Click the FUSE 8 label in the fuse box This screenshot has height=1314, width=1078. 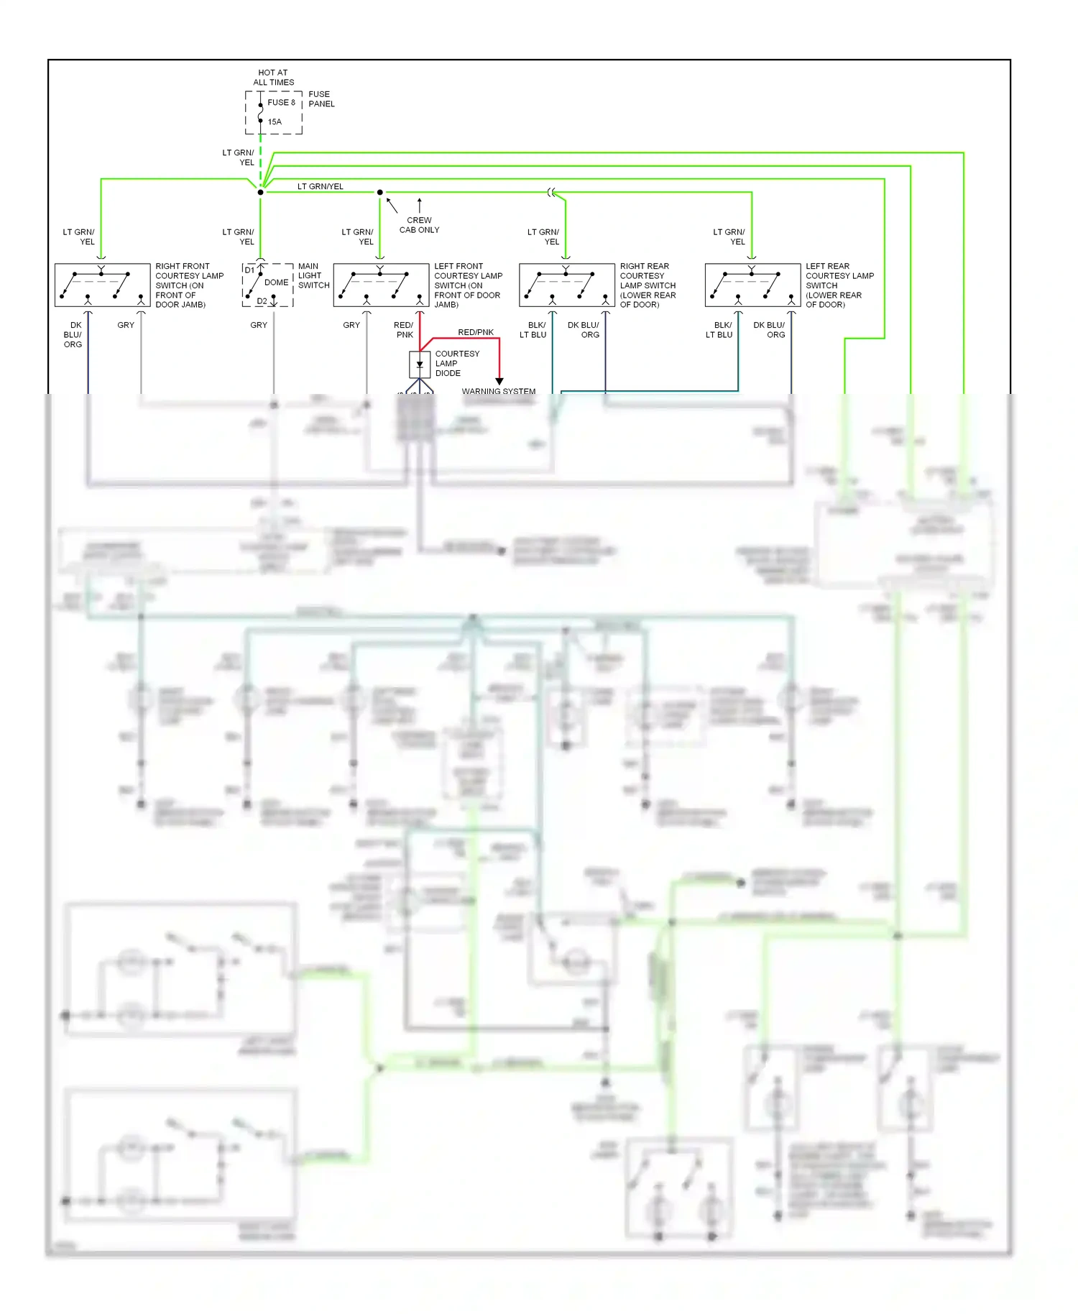281,102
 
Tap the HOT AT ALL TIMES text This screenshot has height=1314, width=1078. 273,78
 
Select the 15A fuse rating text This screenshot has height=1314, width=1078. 275,121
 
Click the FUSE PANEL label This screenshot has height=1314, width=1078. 321,99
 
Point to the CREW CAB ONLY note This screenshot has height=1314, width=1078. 419,225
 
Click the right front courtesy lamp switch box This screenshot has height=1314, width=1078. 102,285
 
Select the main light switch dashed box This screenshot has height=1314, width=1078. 268,285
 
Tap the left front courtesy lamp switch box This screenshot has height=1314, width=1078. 381,285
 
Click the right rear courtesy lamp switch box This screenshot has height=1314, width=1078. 566,285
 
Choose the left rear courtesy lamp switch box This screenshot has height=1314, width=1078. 752,285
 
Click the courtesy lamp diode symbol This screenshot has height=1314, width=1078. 420,364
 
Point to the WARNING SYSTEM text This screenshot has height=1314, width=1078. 498,391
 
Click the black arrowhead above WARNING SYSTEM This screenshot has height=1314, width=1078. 499,381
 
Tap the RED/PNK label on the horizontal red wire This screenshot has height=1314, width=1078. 476,332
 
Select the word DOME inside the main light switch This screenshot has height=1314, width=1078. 276,282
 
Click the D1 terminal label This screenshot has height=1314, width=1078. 249,270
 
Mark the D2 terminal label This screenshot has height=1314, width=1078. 262,301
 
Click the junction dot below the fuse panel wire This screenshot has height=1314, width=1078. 260,192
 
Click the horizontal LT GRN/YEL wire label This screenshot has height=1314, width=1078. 321,186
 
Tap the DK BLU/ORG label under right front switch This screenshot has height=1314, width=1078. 73,335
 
